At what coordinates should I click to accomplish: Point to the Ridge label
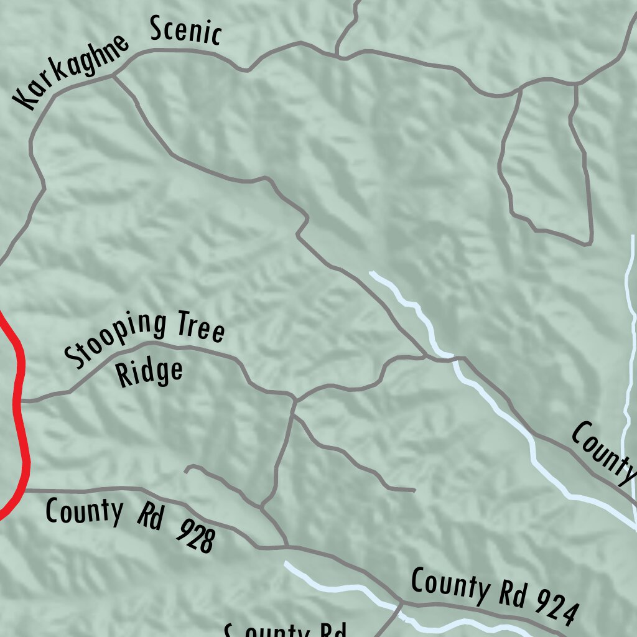click(x=150, y=372)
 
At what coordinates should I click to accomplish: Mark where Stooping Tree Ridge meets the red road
click(x=19, y=401)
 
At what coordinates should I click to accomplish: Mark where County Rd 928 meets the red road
click(x=24, y=490)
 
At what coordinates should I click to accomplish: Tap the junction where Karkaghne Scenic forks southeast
click(x=113, y=76)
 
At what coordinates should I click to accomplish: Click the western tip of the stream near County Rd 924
click(x=286, y=563)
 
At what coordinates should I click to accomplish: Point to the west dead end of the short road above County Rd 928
click(x=187, y=470)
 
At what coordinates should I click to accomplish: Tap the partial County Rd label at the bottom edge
click(x=285, y=631)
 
